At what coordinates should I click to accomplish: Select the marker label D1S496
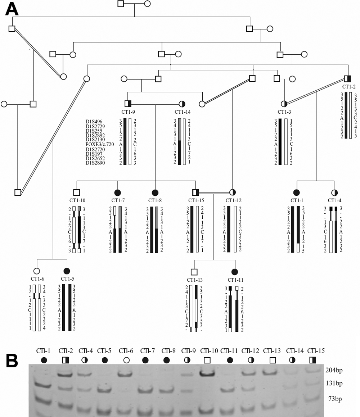(x=94, y=121)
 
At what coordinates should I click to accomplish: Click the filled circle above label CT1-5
(x=66, y=271)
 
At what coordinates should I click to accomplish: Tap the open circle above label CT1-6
(x=36, y=271)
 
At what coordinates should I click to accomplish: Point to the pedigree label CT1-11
(x=235, y=280)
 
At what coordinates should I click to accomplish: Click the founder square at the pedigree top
(x=121, y=4)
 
